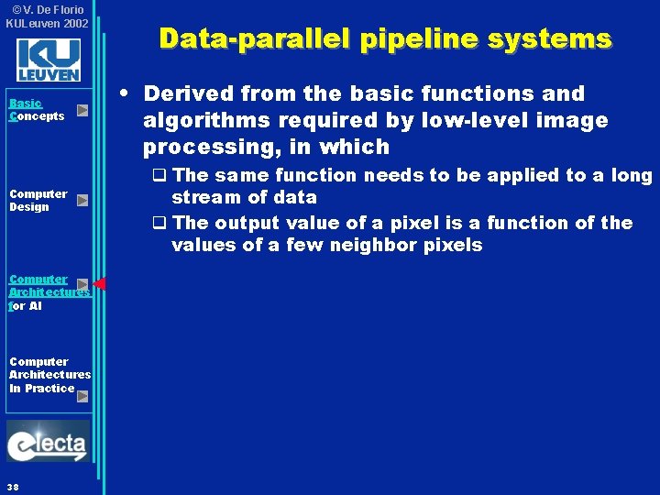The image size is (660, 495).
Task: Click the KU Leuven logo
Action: point(48,60)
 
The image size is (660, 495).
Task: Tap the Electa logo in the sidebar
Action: point(48,442)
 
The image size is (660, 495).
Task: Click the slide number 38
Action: point(12,486)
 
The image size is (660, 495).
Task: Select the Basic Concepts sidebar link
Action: point(36,110)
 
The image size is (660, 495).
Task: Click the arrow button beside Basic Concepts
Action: point(82,110)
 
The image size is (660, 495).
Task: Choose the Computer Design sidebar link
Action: point(38,200)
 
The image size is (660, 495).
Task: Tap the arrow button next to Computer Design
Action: point(82,200)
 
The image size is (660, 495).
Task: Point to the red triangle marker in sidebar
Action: point(99,284)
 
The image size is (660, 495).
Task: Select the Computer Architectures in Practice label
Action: point(49,374)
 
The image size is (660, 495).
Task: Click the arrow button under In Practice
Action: point(82,396)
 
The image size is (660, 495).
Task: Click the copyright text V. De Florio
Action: point(49,9)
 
